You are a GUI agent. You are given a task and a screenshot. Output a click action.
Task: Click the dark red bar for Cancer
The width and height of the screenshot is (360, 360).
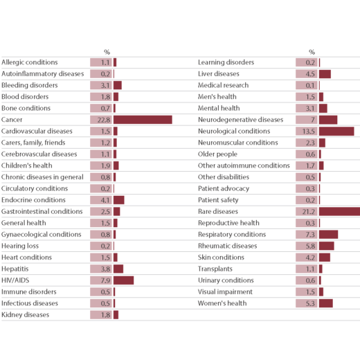(143, 120)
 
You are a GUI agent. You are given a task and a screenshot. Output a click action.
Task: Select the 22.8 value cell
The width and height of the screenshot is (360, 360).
(101, 120)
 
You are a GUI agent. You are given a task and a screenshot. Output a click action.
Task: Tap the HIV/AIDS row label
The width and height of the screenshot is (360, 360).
(15, 280)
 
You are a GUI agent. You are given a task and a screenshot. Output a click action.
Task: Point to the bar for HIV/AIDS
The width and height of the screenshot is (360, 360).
(123, 280)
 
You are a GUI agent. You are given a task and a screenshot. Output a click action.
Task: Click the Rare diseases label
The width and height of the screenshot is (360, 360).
(218, 211)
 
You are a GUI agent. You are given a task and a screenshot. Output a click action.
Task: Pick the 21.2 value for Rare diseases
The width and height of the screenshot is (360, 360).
(307, 211)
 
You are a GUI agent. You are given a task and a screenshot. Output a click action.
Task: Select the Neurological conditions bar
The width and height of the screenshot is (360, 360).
(336, 132)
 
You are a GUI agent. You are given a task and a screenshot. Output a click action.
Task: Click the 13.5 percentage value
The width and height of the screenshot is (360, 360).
(307, 132)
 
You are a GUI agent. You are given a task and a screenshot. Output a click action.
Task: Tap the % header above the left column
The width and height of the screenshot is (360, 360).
(107, 52)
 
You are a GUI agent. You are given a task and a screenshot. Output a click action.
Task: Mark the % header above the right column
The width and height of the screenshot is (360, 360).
(312, 52)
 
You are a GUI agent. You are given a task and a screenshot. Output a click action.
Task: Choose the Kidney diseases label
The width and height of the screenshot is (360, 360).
(25, 315)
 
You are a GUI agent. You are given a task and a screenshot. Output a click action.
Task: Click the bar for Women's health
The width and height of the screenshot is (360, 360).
(326, 303)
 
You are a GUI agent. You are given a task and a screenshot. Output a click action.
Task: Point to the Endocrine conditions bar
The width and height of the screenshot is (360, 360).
(119, 200)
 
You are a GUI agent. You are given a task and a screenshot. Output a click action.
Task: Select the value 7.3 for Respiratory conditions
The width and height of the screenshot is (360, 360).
(307, 235)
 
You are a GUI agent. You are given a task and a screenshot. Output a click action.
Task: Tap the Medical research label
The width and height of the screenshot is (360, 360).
(223, 85)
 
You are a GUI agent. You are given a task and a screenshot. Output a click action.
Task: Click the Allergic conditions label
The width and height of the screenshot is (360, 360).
(30, 62)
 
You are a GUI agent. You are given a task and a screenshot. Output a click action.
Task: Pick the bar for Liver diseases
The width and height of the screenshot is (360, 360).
(325, 74)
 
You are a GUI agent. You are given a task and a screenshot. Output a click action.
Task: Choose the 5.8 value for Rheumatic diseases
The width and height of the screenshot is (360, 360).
(307, 246)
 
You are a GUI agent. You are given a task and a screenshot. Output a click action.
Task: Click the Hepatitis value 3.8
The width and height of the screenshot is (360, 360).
(101, 269)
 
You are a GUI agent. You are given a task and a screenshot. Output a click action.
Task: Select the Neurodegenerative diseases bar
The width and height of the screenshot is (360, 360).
(328, 120)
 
